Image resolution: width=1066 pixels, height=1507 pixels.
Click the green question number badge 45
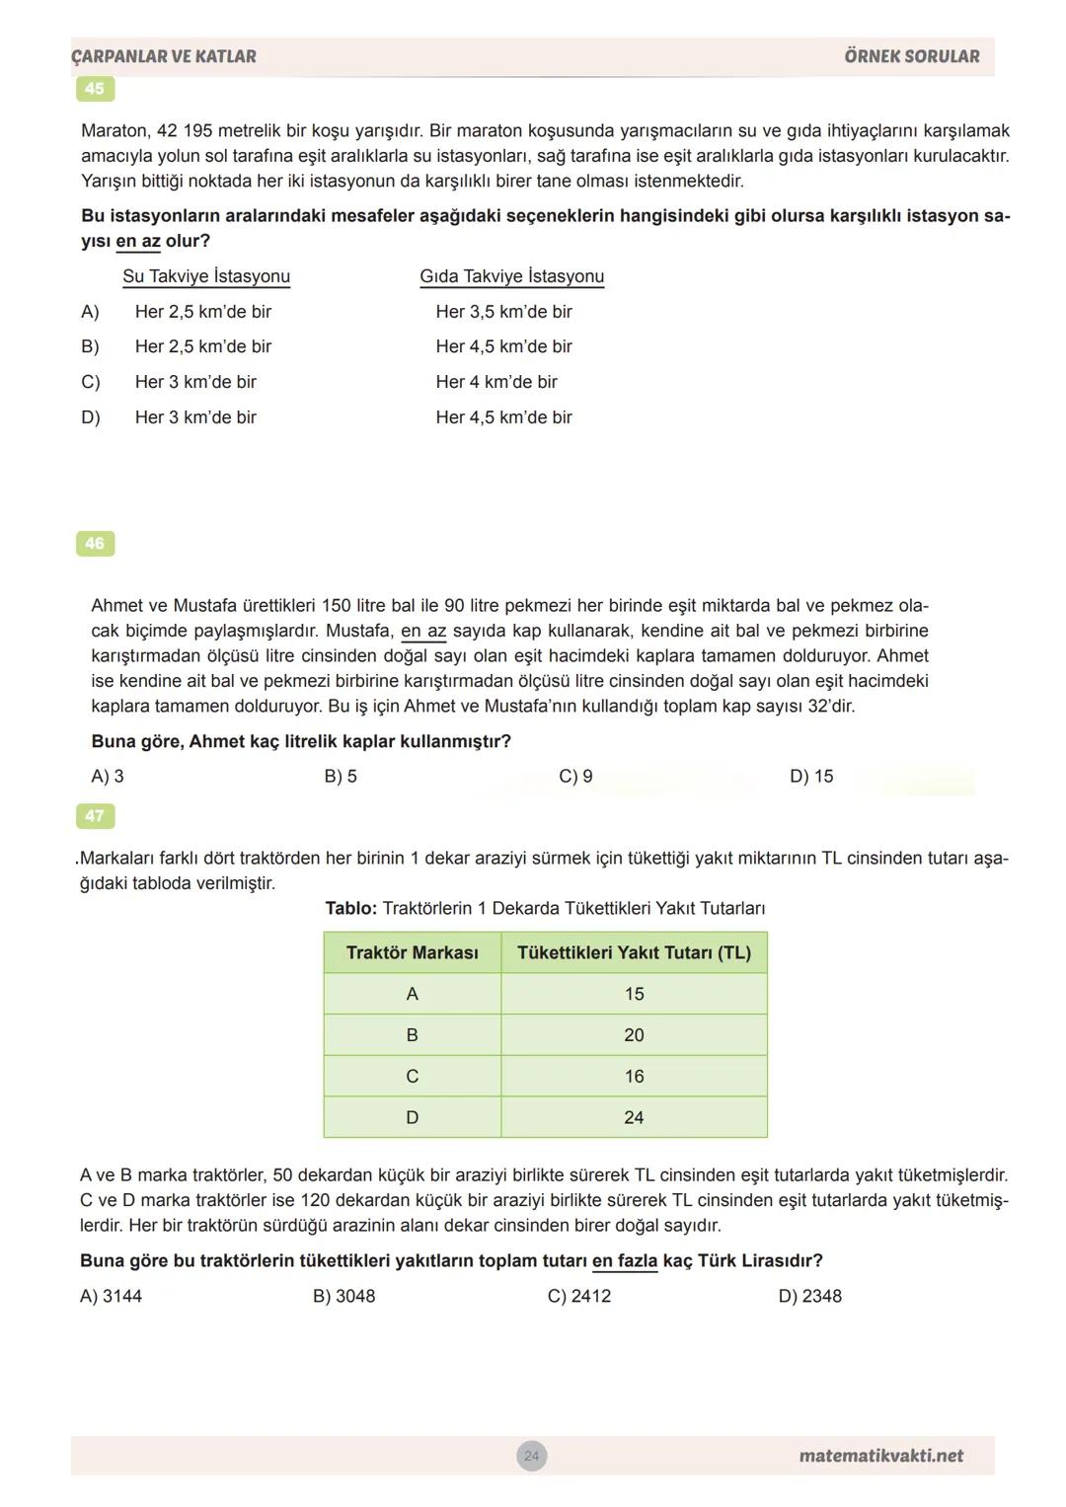[x=95, y=89]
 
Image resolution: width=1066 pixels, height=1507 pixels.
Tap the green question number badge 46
[x=95, y=544]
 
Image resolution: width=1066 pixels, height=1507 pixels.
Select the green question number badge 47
[x=95, y=816]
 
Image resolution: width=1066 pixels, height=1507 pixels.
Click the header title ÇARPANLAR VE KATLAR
[x=164, y=57]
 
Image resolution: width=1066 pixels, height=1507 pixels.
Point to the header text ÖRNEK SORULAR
[x=912, y=57]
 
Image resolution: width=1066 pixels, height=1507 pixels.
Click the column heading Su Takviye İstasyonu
[x=206, y=276]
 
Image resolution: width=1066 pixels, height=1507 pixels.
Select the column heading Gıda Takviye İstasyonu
[x=511, y=276]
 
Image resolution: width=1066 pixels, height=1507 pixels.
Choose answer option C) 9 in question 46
[x=575, y=777]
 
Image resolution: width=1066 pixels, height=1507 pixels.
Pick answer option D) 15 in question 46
[x=811, y=777]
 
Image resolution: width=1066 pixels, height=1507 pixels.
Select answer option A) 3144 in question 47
[x=111, y=1296]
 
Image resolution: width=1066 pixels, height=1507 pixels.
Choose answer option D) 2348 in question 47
[x=809, y=1296]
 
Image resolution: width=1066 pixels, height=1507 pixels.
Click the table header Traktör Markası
[x=412, y=953]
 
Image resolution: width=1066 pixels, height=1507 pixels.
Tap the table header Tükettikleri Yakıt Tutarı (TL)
[x=634, y=953]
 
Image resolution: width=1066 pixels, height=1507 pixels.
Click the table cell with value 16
[x=634, y=1077]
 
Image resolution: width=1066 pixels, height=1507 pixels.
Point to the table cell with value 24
[x=634, y=1118]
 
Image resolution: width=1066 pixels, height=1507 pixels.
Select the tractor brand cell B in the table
[x=412, y=1035]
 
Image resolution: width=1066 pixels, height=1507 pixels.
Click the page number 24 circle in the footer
[x=532, y=1456]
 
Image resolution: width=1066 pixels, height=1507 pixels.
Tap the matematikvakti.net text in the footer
[x=880, y=1456]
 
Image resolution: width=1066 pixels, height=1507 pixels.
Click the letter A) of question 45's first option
[x=91, y=312]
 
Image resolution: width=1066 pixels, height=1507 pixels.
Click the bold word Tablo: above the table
[x=351, y=909]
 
